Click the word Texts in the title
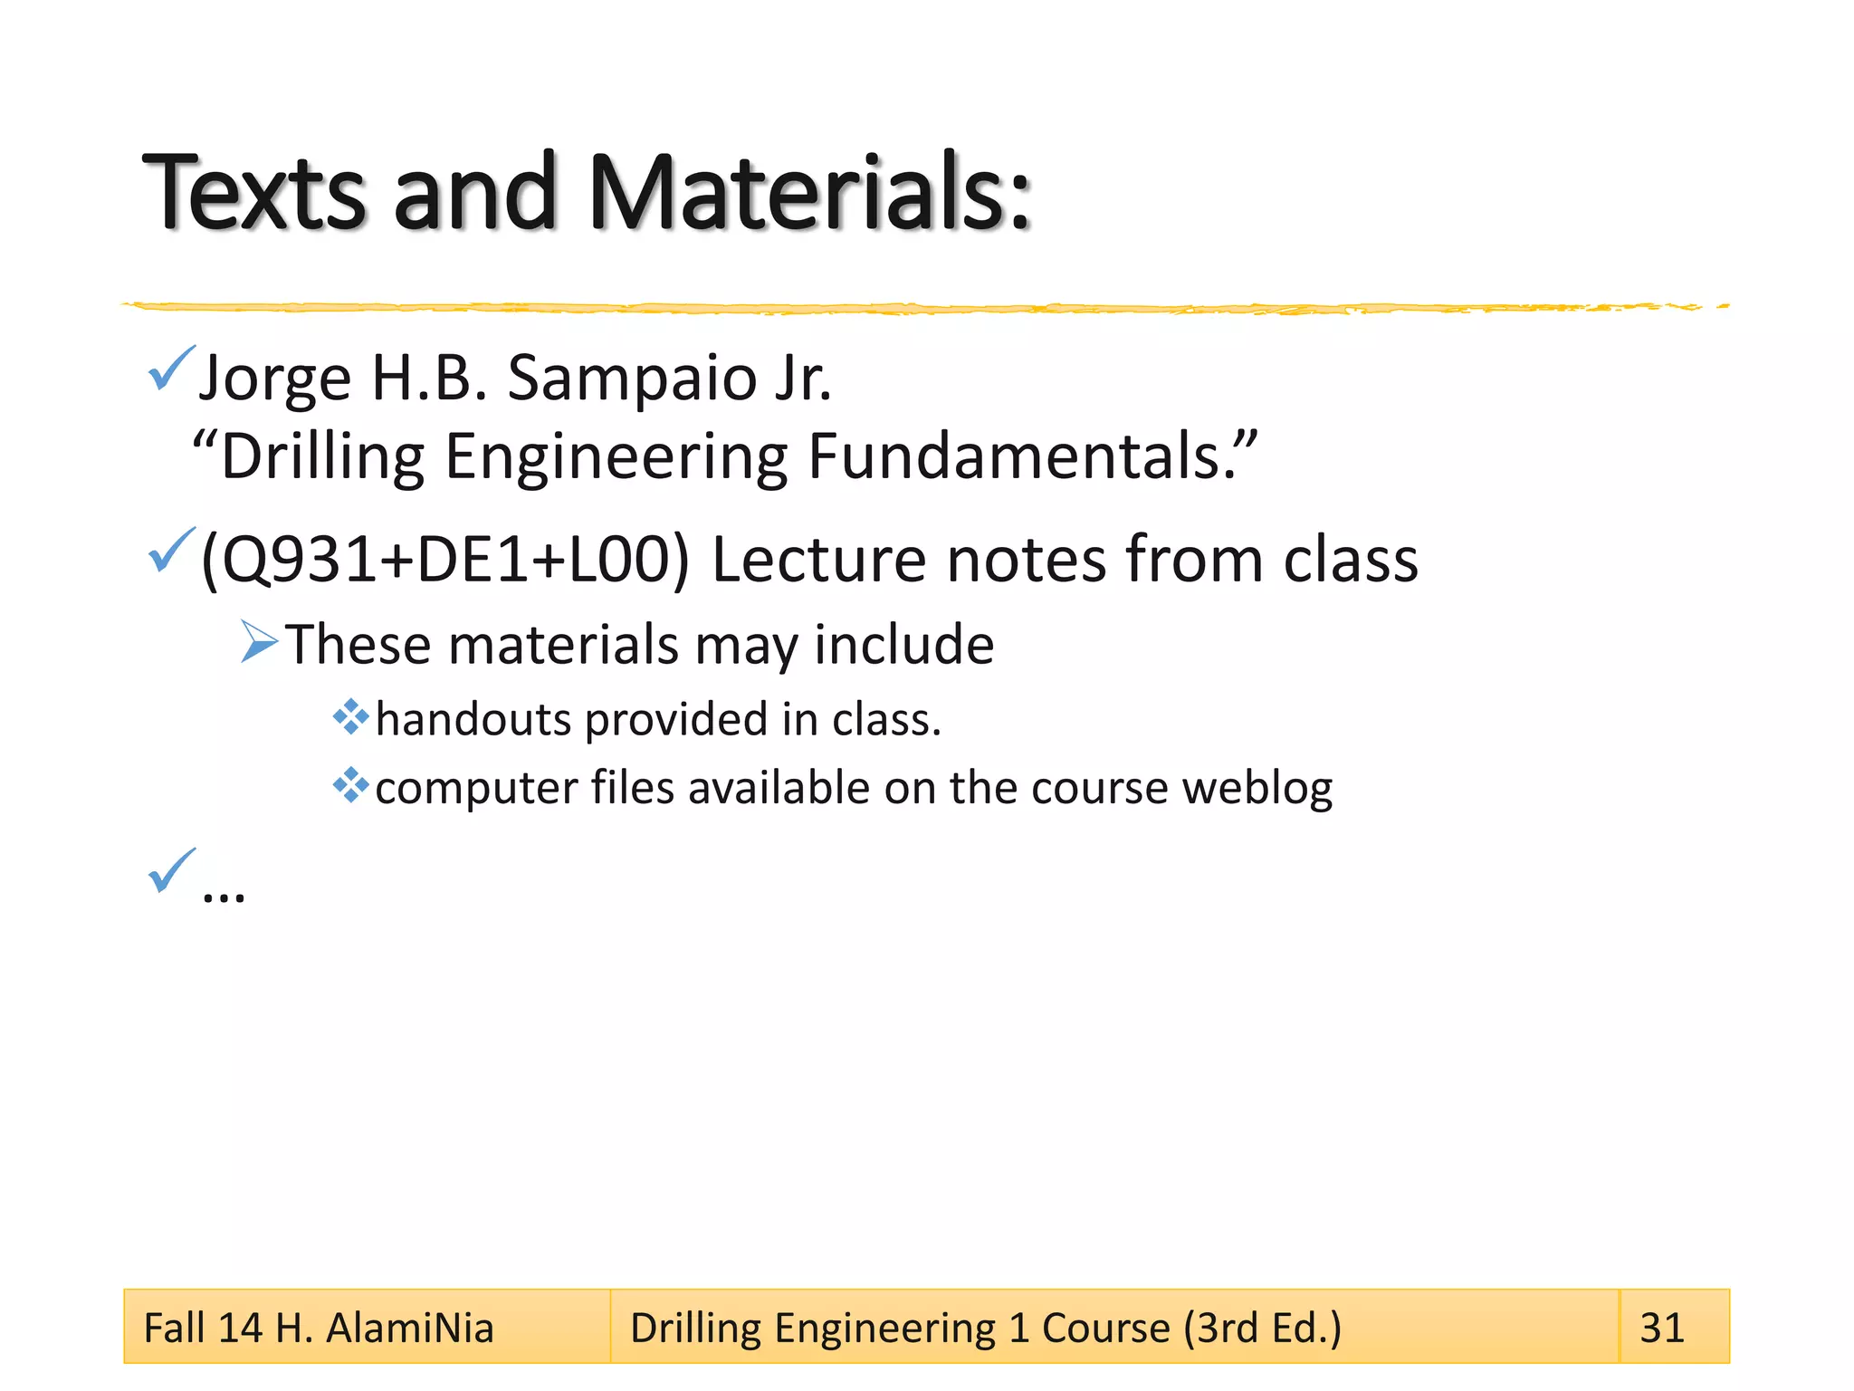(254, 192)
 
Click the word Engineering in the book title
(616, 457)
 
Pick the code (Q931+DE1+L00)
(444, 559)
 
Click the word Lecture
(818, 559)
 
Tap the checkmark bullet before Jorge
(170, 369)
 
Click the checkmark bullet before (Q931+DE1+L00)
(170, 550)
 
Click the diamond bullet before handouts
(350, 717)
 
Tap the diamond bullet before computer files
(350, 785)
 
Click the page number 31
(1662, 1328)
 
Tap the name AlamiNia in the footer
(409, 1329)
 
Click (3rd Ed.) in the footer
(1263, 1329)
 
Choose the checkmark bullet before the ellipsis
(170, 870)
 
